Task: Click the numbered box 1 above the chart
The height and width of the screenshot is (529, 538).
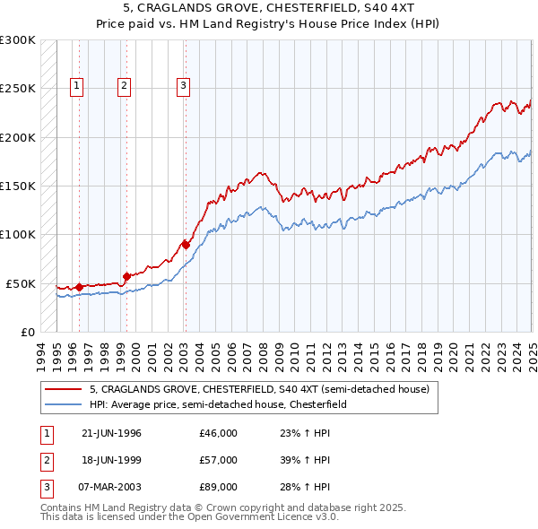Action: click(x=76, y=86)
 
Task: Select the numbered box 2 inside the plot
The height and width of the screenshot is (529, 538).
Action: click(x=123, y=86)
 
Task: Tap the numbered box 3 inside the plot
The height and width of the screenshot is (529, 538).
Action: click(x=183, y=86)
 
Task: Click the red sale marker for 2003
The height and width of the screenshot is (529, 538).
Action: click(x=186, y=244)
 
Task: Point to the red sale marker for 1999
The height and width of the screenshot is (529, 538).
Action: click(x=126, y=276)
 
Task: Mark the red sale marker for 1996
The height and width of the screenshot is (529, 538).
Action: click(x=79, y=287)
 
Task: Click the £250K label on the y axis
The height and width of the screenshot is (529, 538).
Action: click(x=18, y=89)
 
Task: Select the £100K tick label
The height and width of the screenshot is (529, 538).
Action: click(x=18, y=234)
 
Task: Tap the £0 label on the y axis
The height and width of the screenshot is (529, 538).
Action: click(x=26, y=332)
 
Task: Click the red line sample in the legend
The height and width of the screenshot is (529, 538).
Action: click(x=64, y=389)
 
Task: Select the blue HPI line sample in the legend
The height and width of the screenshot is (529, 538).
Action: click(x=64, y=404)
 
